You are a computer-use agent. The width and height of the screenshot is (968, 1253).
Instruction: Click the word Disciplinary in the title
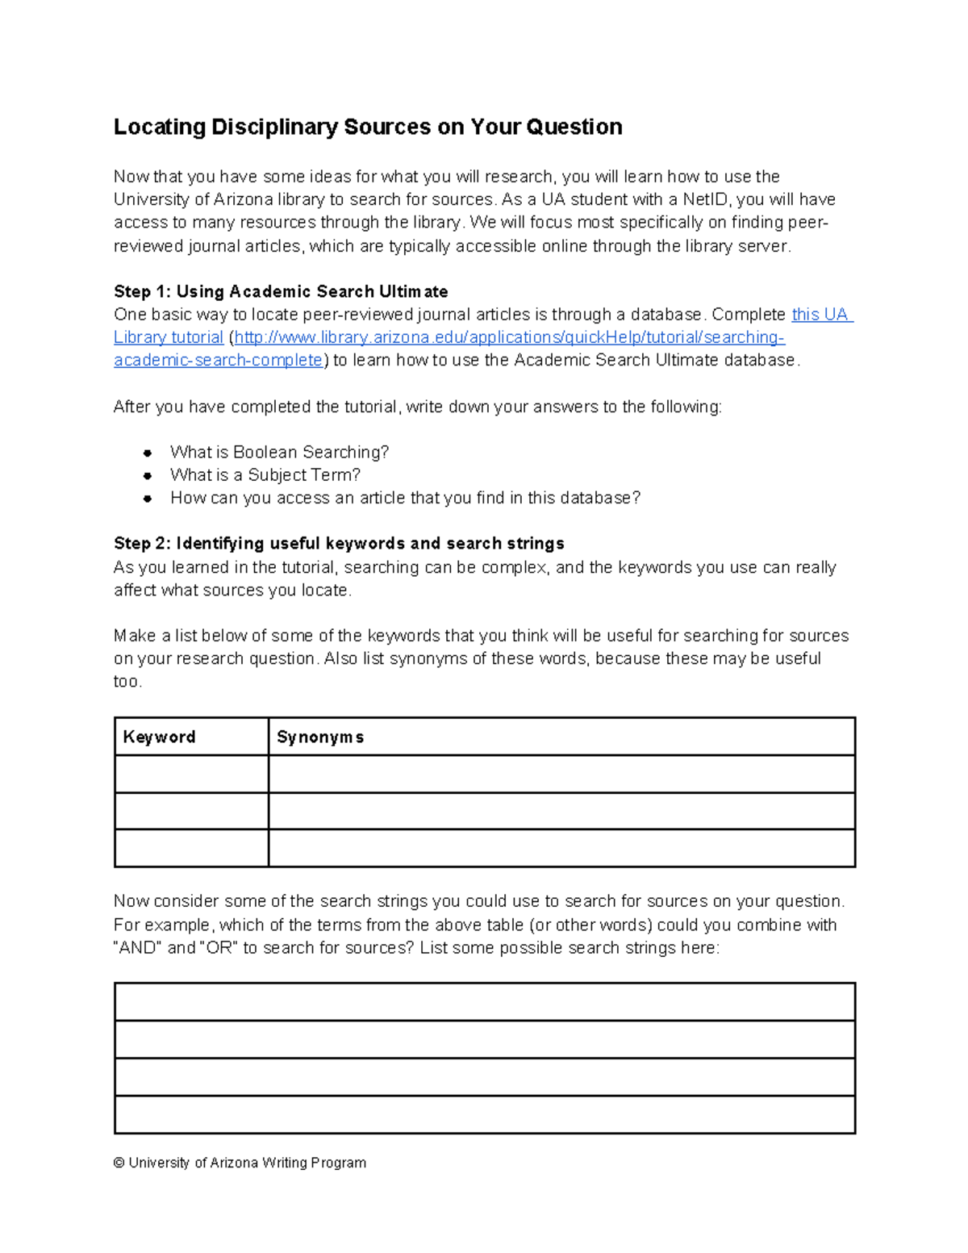(273, 127)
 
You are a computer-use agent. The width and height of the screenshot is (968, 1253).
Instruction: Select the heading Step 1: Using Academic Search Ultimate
(281, 291)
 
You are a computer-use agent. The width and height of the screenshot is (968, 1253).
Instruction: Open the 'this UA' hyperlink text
(821, 315)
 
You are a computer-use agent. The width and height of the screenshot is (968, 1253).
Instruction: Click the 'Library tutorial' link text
(169, 337)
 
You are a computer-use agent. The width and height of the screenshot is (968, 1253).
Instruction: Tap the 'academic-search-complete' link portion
(218, 360)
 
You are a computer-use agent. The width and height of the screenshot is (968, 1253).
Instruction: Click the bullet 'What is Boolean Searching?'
(279, 452)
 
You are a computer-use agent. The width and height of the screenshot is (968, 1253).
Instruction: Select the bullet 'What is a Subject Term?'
(265, 474)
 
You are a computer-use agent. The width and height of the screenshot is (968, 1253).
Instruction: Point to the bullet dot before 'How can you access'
(148, 499)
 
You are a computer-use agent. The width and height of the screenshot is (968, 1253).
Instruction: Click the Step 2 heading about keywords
(339, 543)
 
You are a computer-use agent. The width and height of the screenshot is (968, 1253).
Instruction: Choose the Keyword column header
(159, 737)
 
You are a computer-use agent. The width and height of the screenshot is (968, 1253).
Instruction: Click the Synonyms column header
(320, 737)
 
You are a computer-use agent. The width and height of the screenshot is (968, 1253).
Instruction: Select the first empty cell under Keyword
(191, 774)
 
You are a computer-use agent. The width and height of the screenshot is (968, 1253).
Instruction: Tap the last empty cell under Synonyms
(561, 848)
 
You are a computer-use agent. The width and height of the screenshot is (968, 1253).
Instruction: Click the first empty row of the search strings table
(484, 1002)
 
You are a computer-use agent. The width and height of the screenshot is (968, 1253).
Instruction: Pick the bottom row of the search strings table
(484, 1114)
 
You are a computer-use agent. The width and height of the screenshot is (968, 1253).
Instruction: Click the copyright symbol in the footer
(119, 1163)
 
